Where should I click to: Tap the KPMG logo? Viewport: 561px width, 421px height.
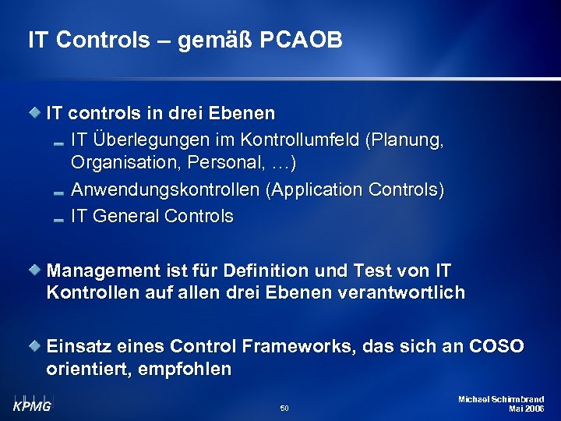(x=31, y=403)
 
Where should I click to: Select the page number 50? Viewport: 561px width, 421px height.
(x=284, y=408)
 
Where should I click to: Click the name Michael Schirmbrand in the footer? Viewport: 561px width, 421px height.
(x=501, y=399)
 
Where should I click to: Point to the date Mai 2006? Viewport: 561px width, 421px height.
(x=526, y=409)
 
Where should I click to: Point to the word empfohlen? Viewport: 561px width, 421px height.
(x=185, y=369)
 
